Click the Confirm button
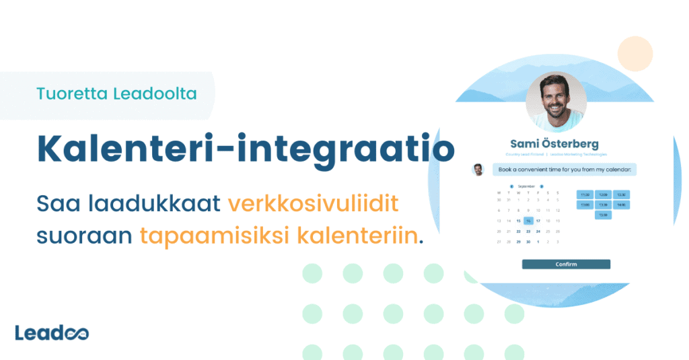click(566, 264)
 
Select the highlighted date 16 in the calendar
click(529, 220)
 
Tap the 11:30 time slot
click(585, 194)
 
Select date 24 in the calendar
click(539, 231)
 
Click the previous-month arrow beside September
click(511, 186)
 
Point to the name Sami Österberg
click(554, 144)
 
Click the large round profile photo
click(555, 101)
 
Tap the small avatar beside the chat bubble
click(478, 169)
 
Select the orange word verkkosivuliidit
click(323, 203)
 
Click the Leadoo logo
click(52, 332)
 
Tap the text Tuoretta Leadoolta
click(117, 94)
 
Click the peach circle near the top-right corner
click(635, 54)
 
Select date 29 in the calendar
click(519, 242)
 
